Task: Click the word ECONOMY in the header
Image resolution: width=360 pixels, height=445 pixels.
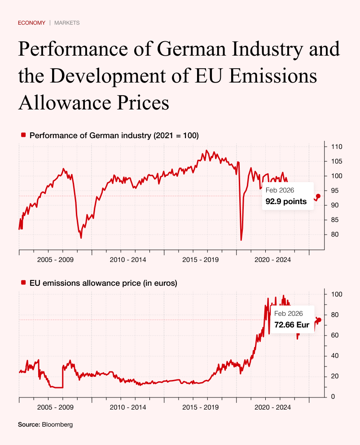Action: click(x=31, y=23)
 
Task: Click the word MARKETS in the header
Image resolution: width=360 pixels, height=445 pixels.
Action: click(x=67, y=23)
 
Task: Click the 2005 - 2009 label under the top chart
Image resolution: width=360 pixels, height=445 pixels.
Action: click(x=56, y=260)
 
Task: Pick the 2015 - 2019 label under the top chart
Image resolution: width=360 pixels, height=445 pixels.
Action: click(x=201, y=260)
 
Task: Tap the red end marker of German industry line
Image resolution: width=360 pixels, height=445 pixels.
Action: click(x=318, y=196)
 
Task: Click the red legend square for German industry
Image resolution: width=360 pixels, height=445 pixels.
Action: click(x=23, y=135)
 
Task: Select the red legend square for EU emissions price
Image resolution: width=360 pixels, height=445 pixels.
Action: click(x=23, y=283)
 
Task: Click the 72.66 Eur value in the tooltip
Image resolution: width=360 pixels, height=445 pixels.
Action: click(x=292, y=325)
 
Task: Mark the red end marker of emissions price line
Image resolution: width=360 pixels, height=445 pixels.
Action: click(x=319, y=319)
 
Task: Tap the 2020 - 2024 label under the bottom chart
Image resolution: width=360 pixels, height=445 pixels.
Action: click(x=273, y=407)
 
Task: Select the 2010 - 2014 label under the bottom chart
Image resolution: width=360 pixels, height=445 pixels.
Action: click(x=128, y=407)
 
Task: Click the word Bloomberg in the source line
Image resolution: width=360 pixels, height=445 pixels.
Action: click(x=57, y=424)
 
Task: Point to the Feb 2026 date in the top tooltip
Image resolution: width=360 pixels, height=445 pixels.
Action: click(x=280, y=190)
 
